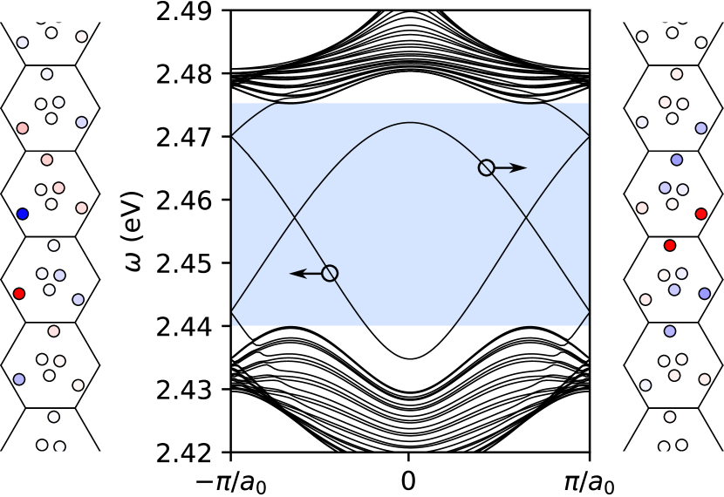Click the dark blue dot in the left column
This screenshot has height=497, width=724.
coord(23,214)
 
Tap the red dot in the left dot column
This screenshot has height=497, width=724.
coord(19,294)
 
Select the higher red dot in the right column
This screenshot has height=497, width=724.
coord(701,214)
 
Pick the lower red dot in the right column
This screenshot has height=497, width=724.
coord(670,246)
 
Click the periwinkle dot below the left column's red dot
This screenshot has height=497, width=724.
coord(19,379)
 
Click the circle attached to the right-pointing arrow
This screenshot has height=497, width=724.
coord(487,167)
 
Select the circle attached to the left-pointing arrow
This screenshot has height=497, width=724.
coord(330,273)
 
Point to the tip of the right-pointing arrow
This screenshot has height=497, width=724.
coord(526,167)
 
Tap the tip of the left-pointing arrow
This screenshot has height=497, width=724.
coord(290,274)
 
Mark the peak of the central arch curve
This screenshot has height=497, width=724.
coord(410,123)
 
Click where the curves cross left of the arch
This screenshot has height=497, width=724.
coord(295,216)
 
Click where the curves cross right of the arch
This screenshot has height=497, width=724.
coord(525,216)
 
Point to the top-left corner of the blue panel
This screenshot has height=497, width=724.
coord(232,103)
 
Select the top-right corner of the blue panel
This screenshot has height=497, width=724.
coord(589,103)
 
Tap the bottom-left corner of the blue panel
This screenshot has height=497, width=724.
coord(232,326)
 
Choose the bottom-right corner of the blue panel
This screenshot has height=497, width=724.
coord(589,326)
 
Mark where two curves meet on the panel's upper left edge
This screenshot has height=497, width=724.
coord(232,136)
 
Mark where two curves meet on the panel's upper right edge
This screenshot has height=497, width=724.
coord(589,136)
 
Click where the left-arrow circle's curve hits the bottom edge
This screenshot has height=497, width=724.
coord(367,326)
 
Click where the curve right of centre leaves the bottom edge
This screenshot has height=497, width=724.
coord(454,326)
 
